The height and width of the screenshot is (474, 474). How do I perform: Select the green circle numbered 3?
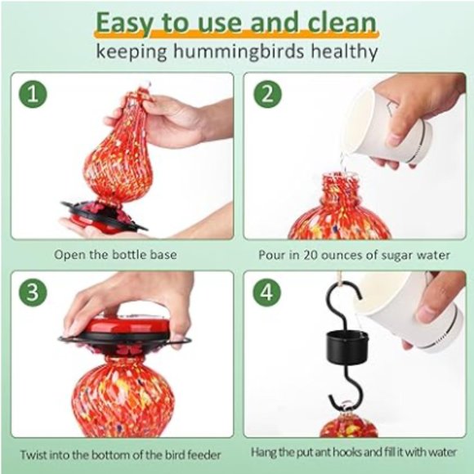point(33,292)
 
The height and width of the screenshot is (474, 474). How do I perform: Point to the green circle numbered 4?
point(267,292)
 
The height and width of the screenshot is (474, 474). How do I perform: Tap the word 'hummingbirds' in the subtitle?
point(239,51)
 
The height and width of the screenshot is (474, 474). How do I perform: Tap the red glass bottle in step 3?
point(123,396)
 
